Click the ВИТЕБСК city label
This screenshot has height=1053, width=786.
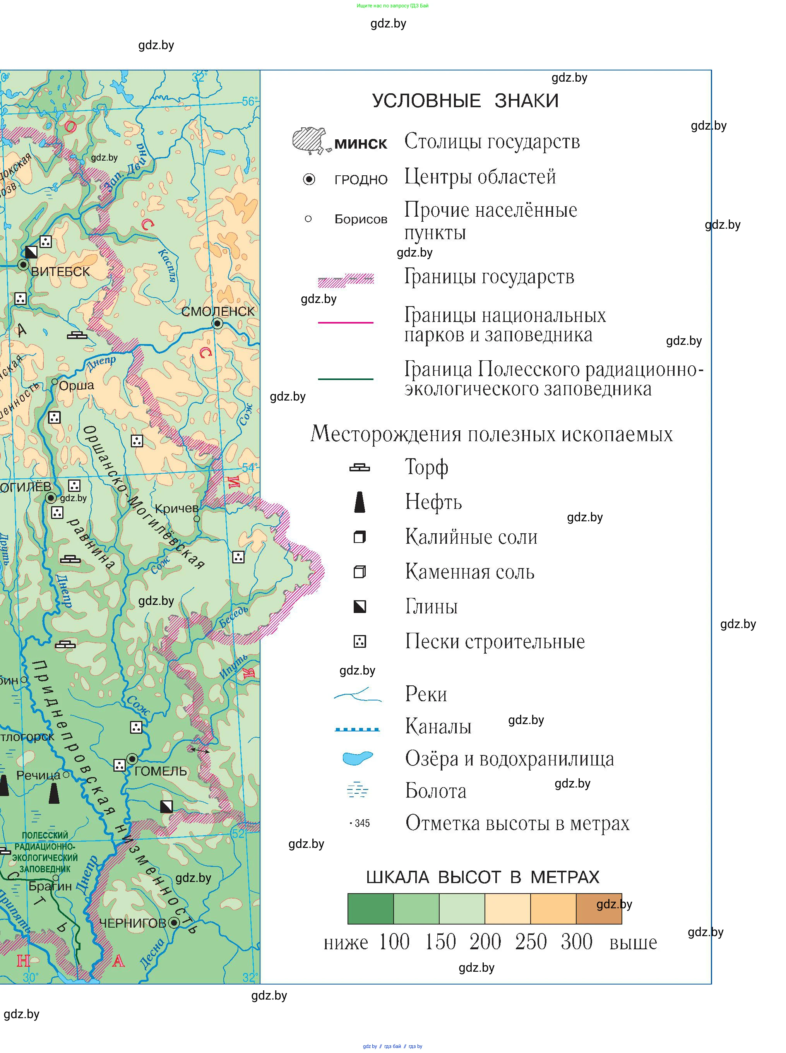pos(60,272)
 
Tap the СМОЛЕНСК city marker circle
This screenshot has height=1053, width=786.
pos(217,324)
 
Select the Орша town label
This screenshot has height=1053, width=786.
pos(76,385)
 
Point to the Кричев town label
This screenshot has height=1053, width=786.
pos(176,508)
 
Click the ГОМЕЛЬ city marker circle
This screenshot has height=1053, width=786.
pos(132,759)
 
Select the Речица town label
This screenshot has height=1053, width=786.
pos(39,775)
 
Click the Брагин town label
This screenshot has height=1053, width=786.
pos(50,886)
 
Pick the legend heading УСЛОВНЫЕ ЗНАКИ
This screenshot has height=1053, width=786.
pos(465,101)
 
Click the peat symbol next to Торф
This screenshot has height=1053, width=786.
pos(359,468)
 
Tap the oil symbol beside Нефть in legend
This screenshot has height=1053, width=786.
pos(360,502)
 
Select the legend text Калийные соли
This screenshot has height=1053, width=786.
pos(471,537)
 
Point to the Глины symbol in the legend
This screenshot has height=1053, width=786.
pos(360,607)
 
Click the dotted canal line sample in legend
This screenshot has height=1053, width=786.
pos(357,729)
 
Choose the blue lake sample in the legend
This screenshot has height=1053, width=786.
pos(357,758)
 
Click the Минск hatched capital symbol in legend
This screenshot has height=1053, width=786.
pos(310,141)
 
